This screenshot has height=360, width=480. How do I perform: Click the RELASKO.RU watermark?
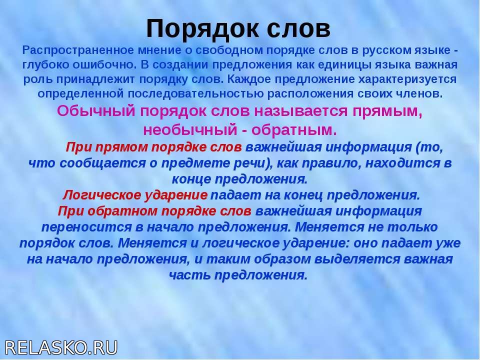click(61, 348)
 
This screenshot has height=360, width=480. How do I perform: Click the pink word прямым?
click(387, 111)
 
